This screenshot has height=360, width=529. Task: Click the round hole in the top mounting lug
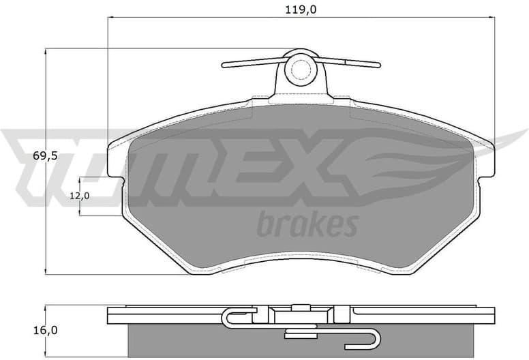coord(299,68)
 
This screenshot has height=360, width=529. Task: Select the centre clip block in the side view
coord(299,314)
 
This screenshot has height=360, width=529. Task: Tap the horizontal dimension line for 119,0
coord(205,19)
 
